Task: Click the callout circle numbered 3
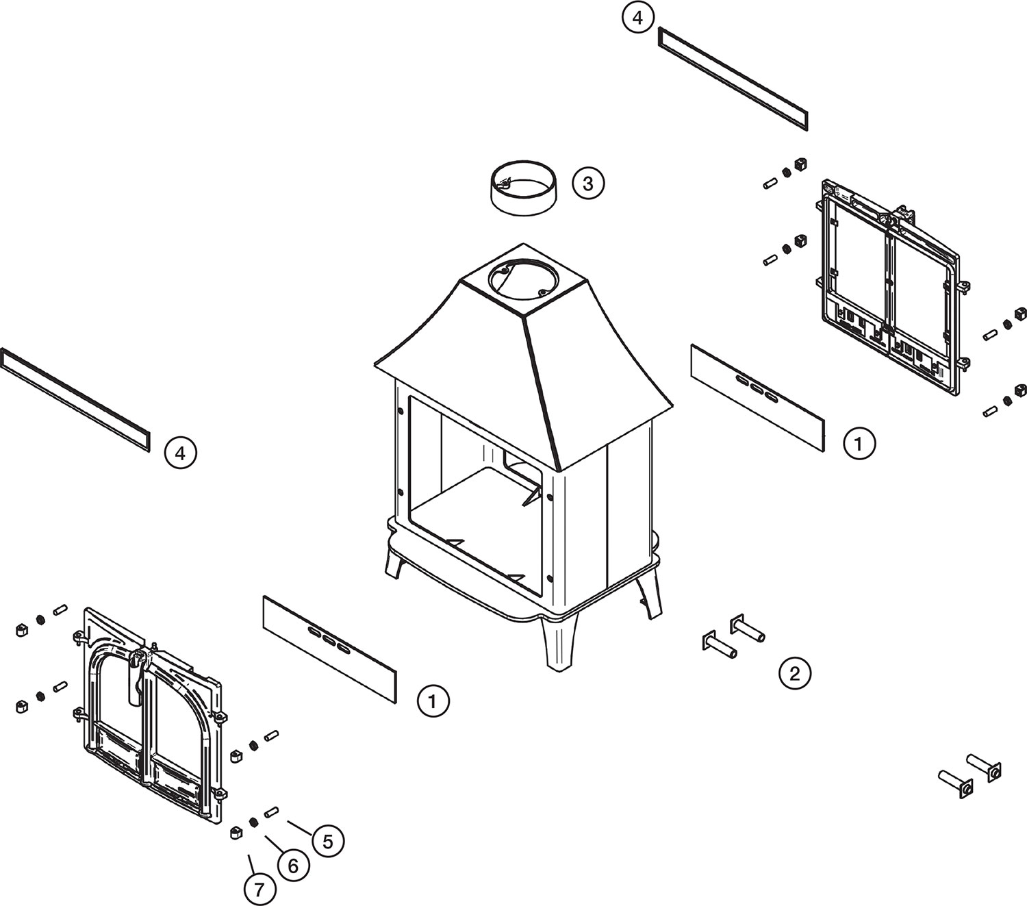588,184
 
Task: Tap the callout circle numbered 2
795,673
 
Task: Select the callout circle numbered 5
327,841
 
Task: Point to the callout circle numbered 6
293,866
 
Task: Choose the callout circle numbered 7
259,890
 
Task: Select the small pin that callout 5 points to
271,812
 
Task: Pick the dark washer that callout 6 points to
254,822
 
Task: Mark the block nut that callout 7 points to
236,832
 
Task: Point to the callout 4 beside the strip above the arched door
180,453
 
